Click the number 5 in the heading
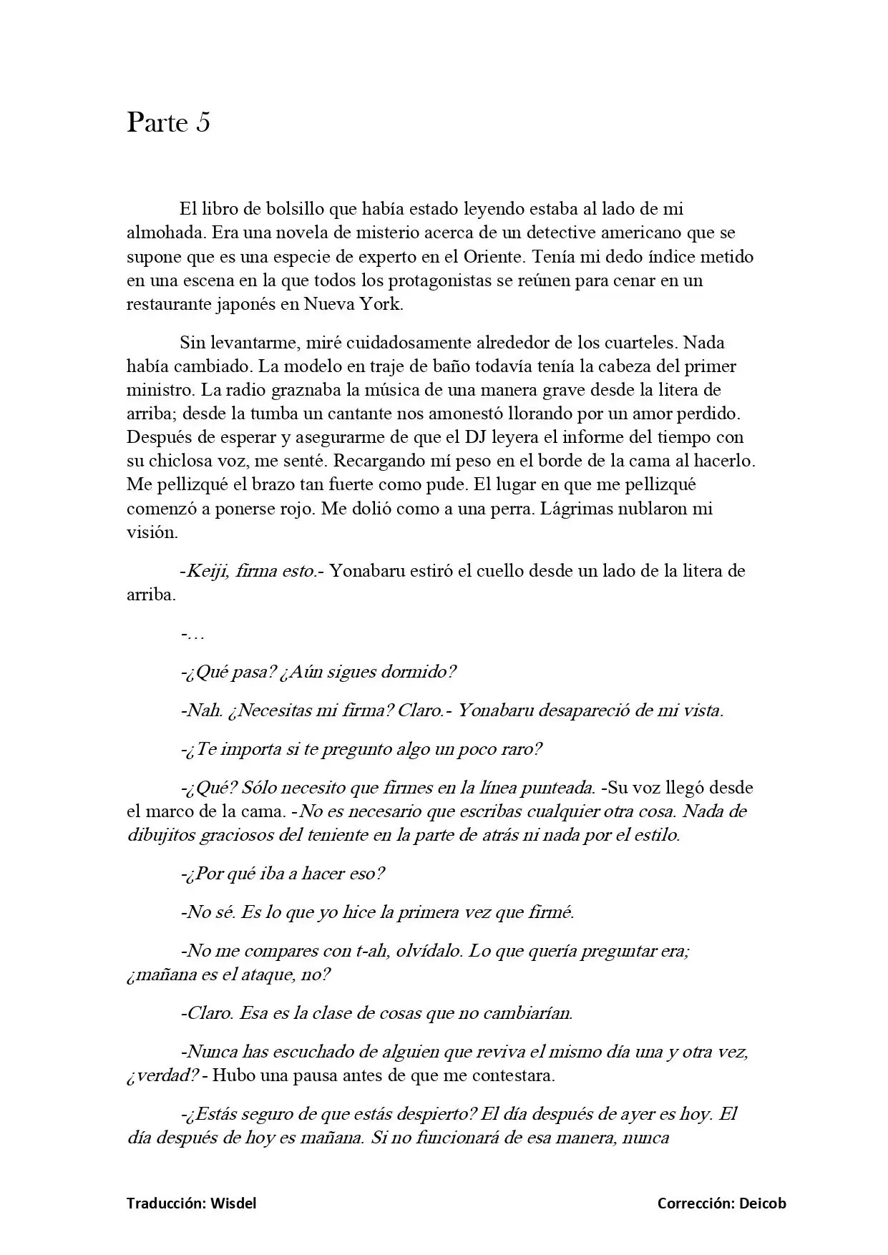coord(203,123)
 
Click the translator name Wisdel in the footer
coord(233,1203)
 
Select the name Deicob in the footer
coord(763,1203)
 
